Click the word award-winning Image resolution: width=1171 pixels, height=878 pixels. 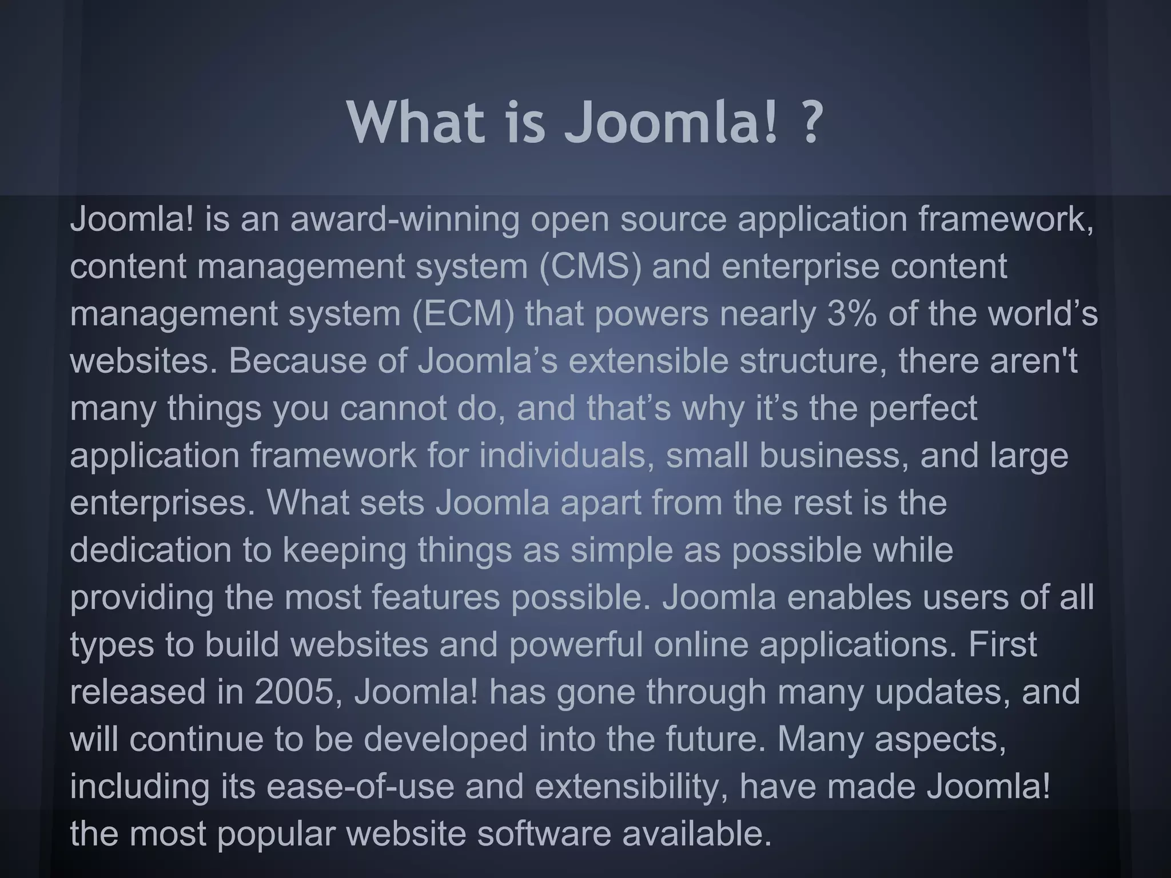tap(405, 219)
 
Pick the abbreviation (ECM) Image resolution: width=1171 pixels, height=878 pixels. tap(463, 314)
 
